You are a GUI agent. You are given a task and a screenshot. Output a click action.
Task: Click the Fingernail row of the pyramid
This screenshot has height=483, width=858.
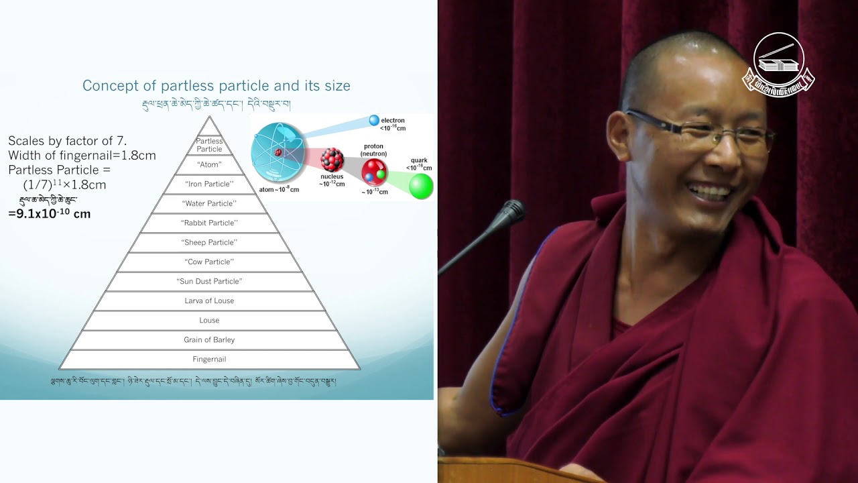click(x=209, y=360)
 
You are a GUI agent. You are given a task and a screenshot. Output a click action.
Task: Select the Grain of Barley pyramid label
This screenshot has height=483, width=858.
click(x=209, y=340)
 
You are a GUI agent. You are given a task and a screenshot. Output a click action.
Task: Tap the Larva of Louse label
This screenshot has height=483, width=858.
click(x=209, y=301)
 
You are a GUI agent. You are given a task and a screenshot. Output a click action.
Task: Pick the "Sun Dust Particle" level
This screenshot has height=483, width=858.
click(x=209, y=282)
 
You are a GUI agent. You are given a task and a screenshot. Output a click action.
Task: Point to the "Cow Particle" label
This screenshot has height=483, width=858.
click(x=209, y=262)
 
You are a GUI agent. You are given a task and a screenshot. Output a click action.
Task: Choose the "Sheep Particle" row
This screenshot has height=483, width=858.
click(x=209, y=243)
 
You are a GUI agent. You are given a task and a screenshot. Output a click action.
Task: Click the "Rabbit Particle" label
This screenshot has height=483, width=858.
click(x=209, y=223)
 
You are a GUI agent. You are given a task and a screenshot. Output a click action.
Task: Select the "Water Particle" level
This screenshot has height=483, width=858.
click(x=209, y=203)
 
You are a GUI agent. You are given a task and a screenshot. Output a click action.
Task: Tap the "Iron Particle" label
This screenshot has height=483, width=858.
click(x=209, y=184)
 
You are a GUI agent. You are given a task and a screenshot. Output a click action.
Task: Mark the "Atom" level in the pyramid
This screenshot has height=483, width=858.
click(x=209, y=164)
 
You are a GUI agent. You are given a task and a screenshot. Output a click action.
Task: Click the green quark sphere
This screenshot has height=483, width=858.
click(x=421, y=186)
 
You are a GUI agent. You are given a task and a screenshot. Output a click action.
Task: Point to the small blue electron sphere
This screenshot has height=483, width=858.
click(x=374, y=121)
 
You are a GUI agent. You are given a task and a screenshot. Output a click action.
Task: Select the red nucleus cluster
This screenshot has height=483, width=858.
click(x=332, y=160)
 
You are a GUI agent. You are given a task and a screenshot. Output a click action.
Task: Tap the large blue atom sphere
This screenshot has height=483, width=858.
click(x=278, y=153)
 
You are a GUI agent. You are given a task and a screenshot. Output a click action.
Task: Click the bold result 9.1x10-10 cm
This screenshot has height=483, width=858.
click(x=50, y=214)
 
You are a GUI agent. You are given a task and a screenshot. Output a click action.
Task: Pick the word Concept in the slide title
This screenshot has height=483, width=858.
click(x=108, y=86)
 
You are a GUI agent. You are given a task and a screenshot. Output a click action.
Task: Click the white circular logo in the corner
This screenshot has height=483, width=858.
click(x=778, y=62)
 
